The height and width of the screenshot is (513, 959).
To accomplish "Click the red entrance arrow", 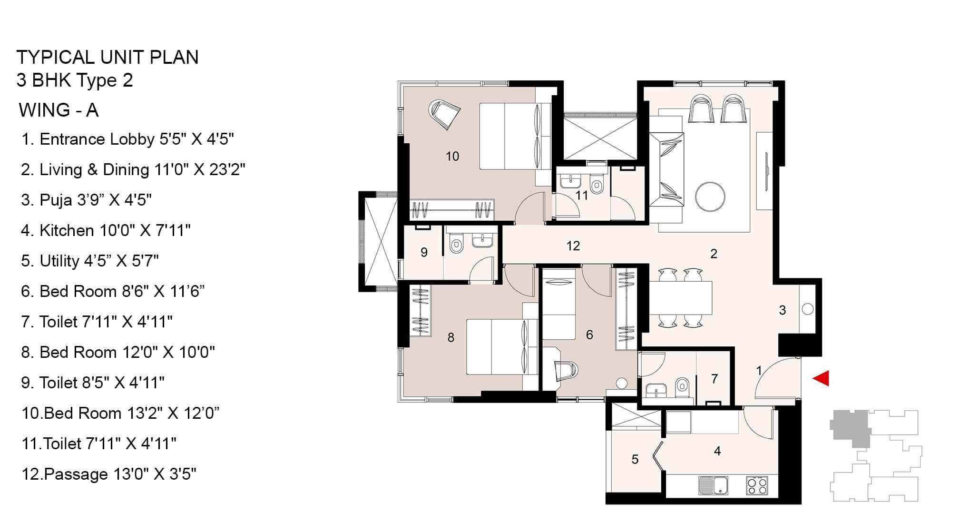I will click(x=822, y=378).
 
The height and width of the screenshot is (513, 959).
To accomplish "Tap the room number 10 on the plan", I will click(x=452, y=156).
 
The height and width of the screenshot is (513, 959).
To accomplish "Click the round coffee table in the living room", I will click(x=710, y=196).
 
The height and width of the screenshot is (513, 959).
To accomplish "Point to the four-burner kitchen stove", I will click(x=757, y=485).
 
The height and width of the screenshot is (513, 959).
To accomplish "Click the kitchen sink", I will click(x=713, y=485).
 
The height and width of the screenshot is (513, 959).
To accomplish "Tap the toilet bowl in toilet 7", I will click(x=682, y=385).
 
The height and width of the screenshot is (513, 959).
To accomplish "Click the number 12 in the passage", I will click(x=573, y=246).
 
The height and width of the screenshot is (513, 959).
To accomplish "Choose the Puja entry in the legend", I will click(x=86, y=200).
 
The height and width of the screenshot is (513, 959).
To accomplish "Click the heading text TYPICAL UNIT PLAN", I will click(x=108, y=57).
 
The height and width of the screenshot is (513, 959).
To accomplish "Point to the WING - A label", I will click(x=59, y=110).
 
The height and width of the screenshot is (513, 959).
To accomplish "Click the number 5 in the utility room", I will click(x=635, y=459).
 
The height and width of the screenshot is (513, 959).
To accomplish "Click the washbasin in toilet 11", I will click(x=568, y=181).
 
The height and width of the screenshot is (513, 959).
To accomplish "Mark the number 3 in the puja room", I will click(x=782, y=310).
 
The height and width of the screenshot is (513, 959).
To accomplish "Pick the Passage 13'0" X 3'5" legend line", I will click(x=109, y=474).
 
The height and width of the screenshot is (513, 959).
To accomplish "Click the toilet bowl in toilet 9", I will click(x=456, y=245).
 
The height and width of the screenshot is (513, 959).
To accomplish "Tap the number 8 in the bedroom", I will click(x=450, y=337).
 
